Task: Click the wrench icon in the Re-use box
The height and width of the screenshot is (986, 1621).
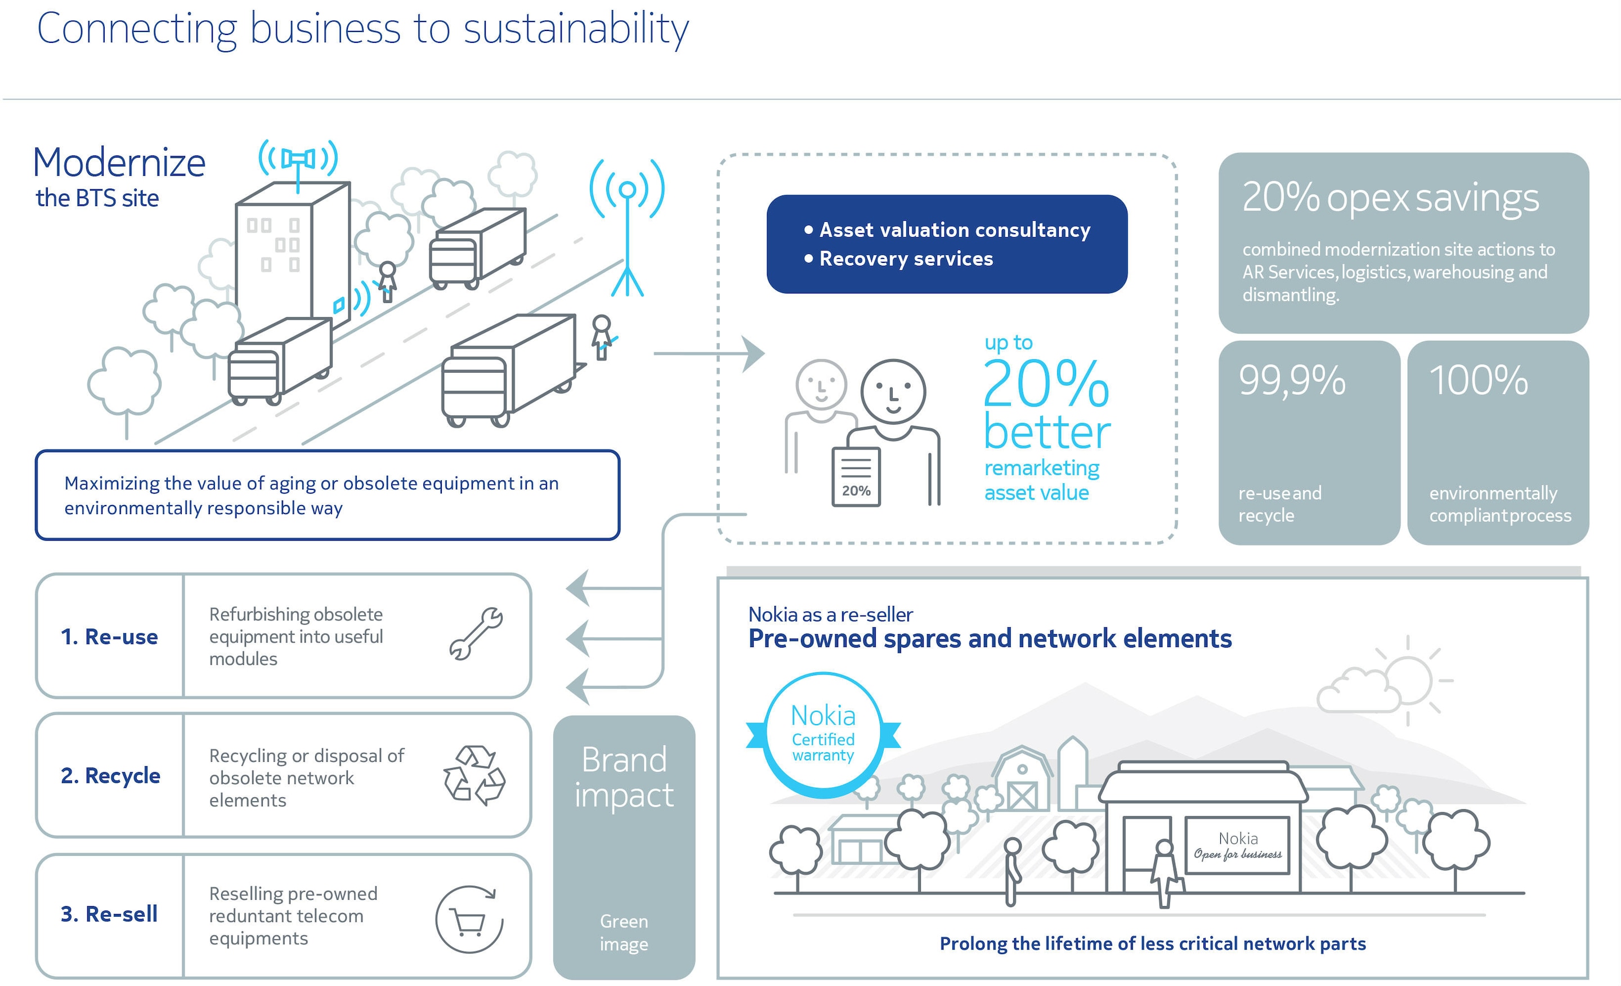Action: [476, 633]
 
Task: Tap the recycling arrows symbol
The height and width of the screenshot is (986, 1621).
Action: [474, 775]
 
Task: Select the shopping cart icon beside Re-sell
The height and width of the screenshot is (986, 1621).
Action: [469, 919]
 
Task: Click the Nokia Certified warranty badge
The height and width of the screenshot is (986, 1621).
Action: [823, 735]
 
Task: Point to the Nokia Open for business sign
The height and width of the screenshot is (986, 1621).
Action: [1238, 845]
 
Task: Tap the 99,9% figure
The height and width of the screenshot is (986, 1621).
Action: [1292, 381]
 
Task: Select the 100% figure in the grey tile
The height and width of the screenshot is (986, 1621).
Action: [1478, 381]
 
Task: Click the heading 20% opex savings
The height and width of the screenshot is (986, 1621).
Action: [1391, 198]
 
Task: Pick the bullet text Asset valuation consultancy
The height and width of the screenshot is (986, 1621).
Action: [955, 230]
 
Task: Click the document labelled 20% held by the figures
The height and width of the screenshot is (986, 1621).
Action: [856, 476]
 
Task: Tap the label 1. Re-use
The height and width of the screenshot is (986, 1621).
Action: [109, 636]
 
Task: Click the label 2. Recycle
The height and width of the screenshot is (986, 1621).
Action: [110, 775]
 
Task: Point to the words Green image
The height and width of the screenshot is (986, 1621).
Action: [624, 933]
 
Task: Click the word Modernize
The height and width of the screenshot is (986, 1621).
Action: [119, 163]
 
